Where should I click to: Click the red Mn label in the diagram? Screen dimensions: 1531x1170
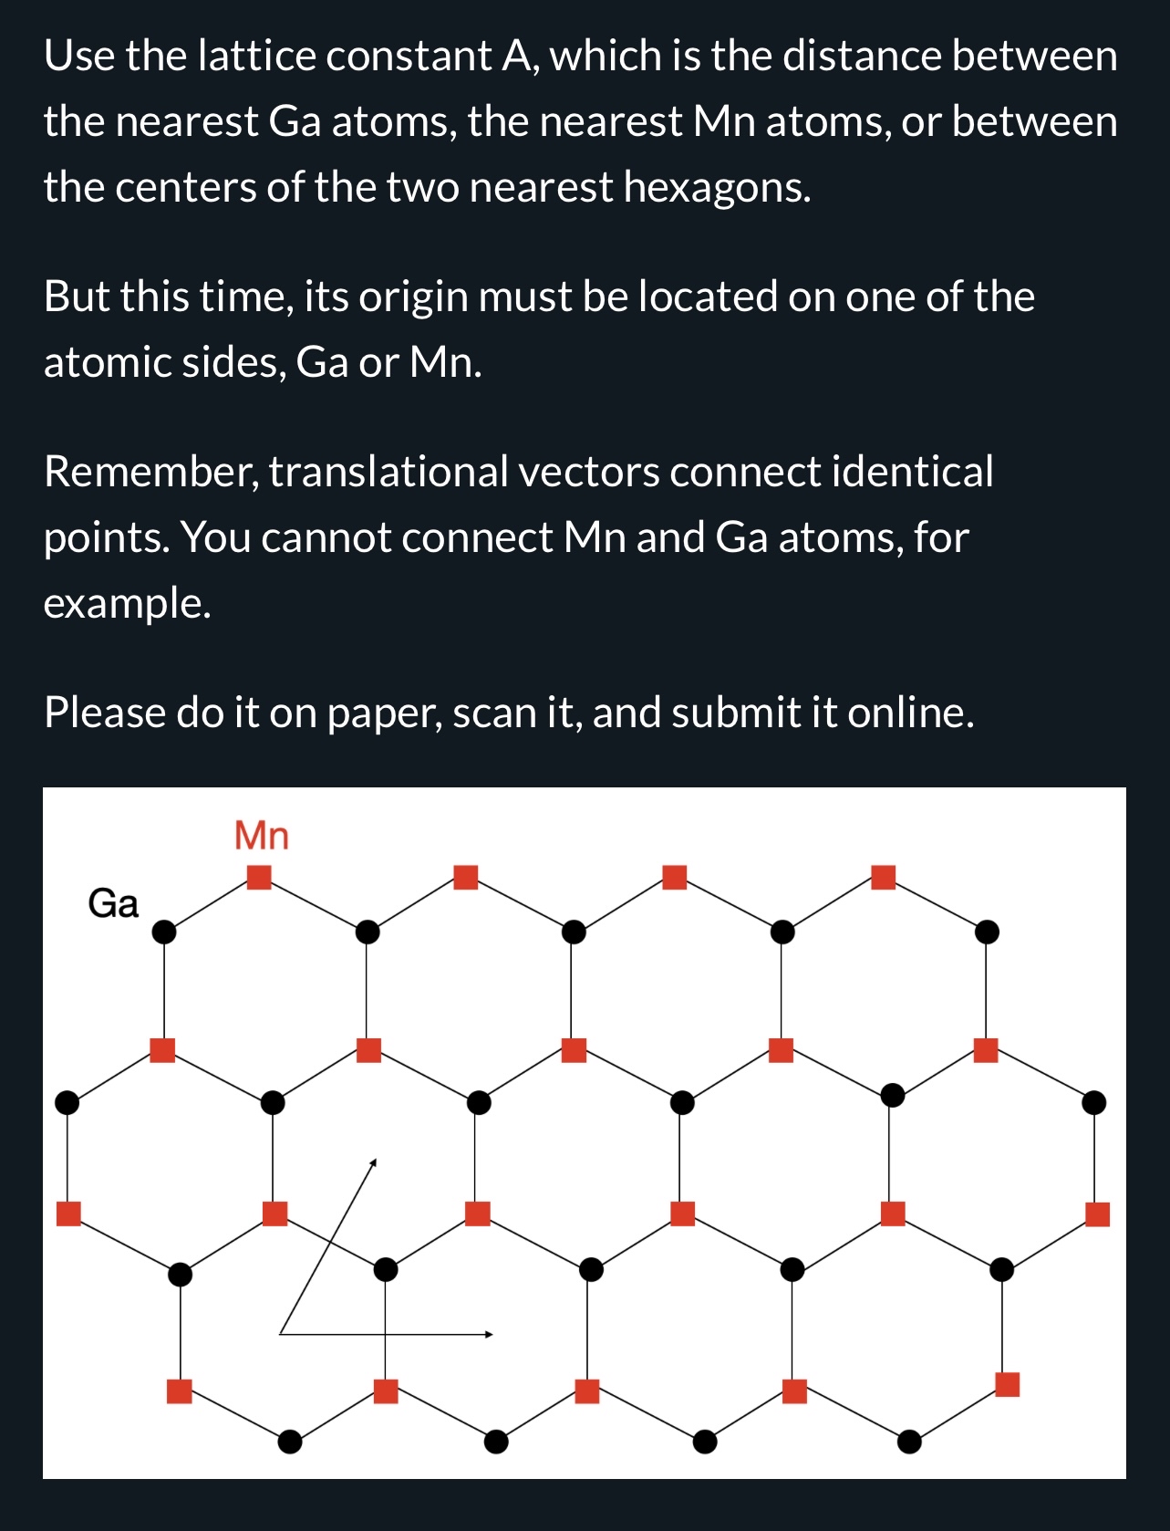[x=262, y=835]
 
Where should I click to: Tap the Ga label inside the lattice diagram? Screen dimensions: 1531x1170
[x=113, y=903]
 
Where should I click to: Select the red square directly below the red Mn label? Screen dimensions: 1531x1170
[x=260, y=877]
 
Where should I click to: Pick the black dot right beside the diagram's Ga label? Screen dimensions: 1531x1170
[x=163, y=932]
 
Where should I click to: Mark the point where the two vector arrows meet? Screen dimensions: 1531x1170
[x=280, y=1334]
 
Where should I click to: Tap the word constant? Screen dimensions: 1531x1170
[x=409, y=56]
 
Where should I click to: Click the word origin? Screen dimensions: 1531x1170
[x=410, y=297]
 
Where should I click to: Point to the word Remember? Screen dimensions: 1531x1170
[x=150, y=472]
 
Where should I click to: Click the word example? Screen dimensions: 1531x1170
[x=127, y=603]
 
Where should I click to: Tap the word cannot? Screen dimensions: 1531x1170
[x=326, y=537]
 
